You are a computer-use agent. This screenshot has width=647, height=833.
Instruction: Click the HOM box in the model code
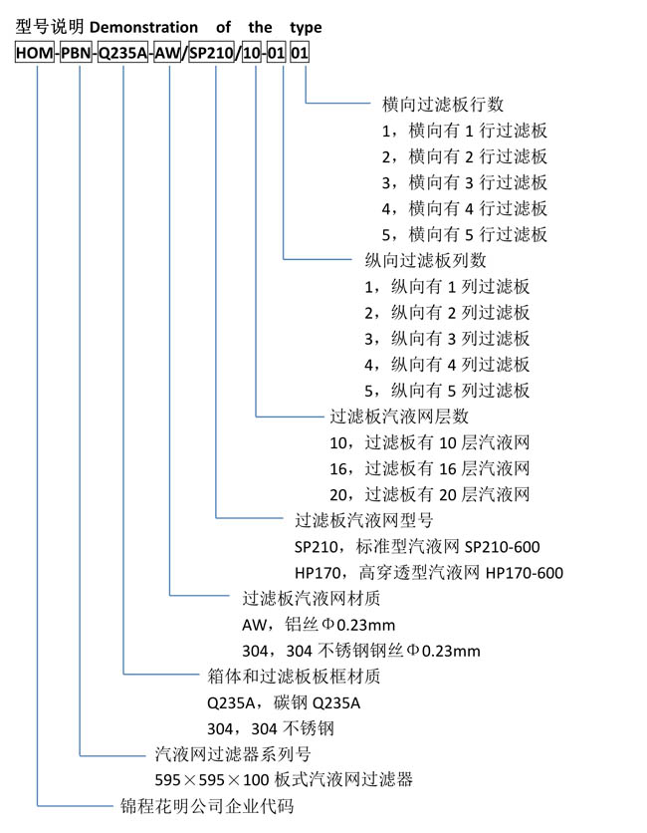tap(35, 53)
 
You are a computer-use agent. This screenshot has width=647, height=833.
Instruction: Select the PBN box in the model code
tap(76, 53)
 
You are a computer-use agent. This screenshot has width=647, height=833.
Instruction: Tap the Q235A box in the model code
tap(123, 53)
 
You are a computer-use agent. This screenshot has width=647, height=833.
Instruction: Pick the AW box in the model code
tap(167, 53)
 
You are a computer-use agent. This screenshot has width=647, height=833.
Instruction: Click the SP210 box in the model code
tap(212, 53)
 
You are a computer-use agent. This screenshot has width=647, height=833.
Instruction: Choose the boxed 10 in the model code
tap(252, 53)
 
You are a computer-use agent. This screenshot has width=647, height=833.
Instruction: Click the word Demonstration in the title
tap(143, 27)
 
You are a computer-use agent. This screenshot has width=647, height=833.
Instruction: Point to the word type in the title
tap(306, 28)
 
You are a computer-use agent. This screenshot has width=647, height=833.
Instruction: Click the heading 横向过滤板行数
tap(443, 104)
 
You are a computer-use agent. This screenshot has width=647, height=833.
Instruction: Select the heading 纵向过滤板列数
tap(425, 260)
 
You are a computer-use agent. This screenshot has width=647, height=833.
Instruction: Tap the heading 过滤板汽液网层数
tap(399, 416)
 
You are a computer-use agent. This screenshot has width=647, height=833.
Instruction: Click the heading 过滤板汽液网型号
tap(364, 520)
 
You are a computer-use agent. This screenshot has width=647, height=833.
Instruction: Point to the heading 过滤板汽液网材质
tap(312, 598)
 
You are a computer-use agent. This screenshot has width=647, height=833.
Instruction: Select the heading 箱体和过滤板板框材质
tap(294, 677)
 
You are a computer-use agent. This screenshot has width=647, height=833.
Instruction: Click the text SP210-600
tap(502, 547)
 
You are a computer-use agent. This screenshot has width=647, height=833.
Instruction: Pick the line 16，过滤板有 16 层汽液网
tap(430, 468)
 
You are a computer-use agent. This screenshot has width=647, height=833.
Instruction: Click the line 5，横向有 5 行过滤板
tap(465, 234)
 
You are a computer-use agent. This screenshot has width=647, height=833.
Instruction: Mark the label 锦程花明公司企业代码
tap(207, 806)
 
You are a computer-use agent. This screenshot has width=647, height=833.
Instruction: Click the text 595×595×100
tap(212, 780)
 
